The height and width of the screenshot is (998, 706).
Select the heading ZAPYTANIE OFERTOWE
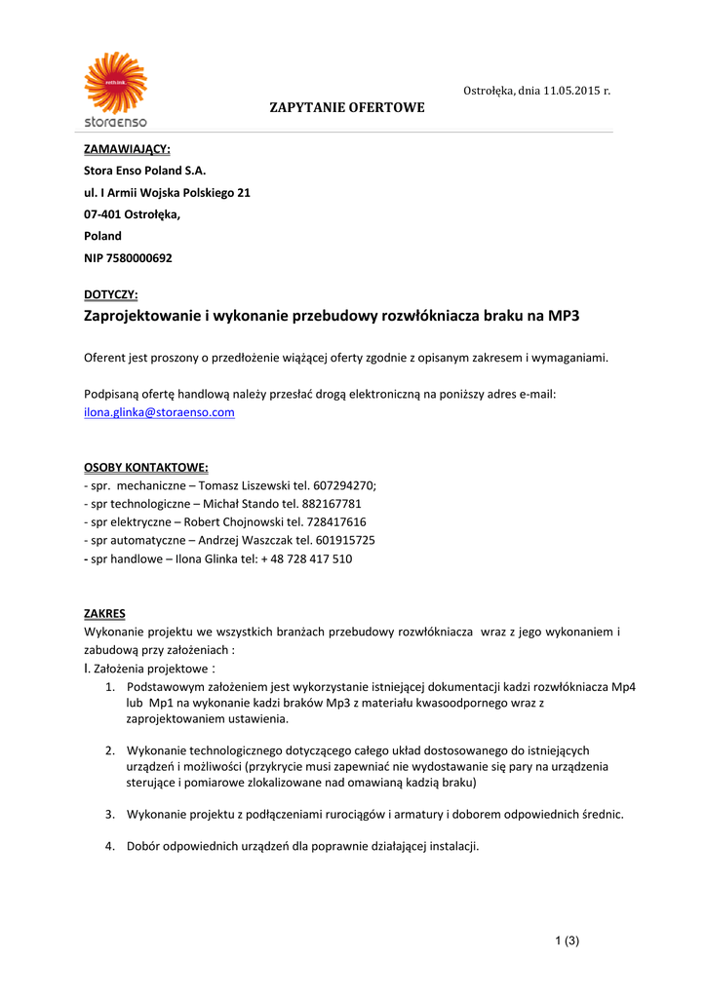347,107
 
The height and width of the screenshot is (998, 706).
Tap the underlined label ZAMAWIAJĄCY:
127,149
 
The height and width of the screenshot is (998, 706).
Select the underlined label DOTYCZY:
110,294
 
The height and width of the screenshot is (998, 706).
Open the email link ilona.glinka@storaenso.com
159,412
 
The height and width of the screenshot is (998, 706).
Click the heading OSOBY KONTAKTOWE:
145,467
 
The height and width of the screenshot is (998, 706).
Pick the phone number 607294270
346,485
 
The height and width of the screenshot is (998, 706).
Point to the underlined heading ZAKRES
104,614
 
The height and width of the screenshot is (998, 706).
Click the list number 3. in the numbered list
110,814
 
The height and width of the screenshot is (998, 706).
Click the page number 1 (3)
567,940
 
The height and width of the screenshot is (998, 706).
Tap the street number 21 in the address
244,193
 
